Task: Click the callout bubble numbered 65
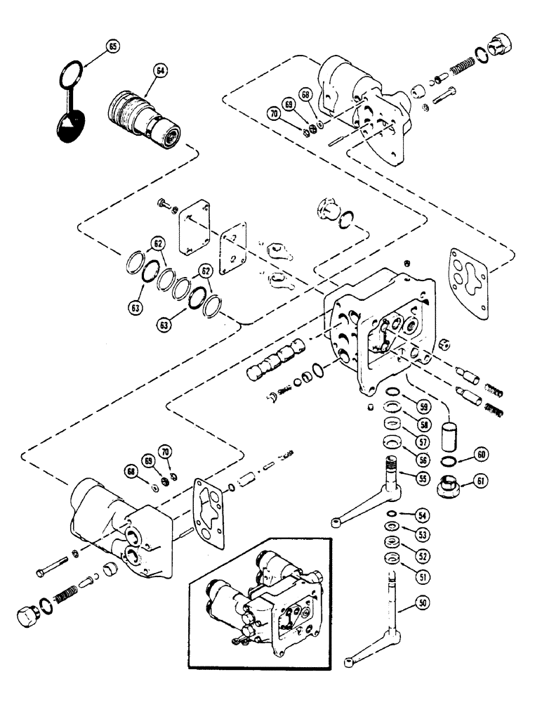point(112,48)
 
